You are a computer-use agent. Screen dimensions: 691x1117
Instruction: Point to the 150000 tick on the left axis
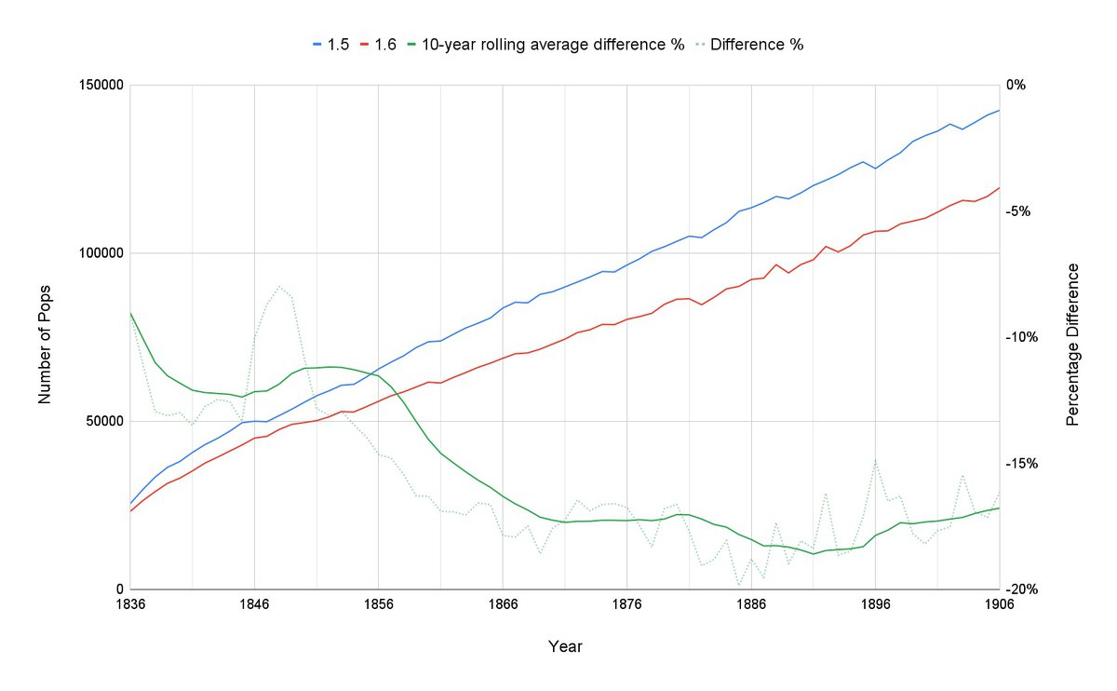point(101,86)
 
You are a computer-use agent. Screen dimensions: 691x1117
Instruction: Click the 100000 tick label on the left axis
point(101,253)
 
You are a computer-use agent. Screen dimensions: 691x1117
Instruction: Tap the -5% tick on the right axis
point(1019,211)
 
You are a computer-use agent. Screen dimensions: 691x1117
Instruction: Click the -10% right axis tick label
point(1022,337)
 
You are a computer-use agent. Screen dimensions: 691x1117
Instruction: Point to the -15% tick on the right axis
point(1022,464)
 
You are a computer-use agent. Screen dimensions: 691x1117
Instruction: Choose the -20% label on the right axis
point(1022,589)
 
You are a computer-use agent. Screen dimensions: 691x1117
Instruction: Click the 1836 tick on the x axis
point(130,603)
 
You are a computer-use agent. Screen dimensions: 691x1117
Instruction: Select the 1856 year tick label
point(379,603)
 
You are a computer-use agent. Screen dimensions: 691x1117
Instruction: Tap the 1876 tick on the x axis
point(627,603)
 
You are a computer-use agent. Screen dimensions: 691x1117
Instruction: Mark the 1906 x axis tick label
point(999,603)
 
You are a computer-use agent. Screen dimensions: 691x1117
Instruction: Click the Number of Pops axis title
point(45,337)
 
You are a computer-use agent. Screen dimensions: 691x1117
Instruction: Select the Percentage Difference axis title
point(1072,345)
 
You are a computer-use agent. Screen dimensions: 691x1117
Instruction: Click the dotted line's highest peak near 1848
point(279,286)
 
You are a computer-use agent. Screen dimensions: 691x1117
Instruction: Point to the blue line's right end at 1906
point(999,110)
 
